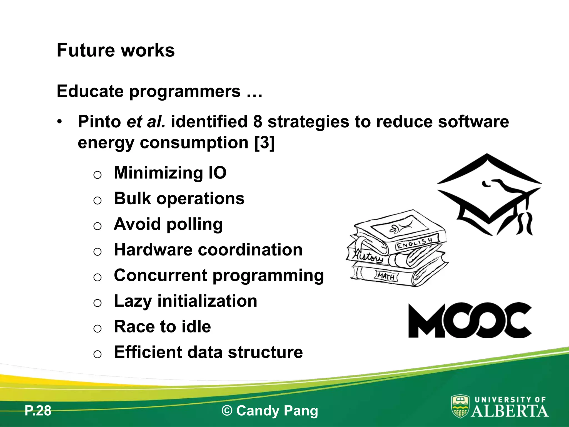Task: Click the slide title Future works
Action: point(116,50)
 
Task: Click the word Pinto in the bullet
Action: point(99,122)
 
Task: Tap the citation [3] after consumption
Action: point(264,143)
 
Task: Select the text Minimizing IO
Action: point(170,173)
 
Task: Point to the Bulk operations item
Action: point(179,198)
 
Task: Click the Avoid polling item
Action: point(168,224)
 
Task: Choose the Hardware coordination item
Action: point(208,250)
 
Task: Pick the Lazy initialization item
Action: point(185,301)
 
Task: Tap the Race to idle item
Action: point(162,327)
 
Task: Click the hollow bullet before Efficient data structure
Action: point(97,354)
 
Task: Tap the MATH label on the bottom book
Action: point(386,276)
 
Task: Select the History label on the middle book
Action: point(367,255)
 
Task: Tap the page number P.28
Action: point(38,411)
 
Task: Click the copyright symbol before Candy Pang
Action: point(227,411)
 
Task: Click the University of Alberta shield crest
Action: point(460,406)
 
